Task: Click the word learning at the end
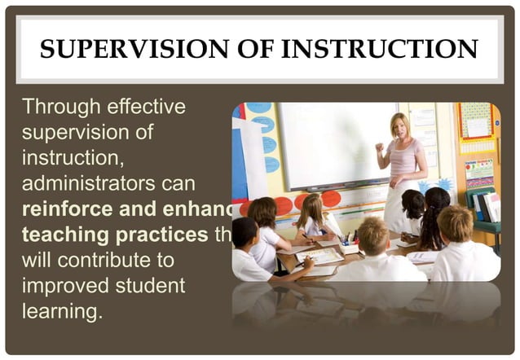pos(59,312)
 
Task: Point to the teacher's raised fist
pos(379,147)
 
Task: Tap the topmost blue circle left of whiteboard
pos(259,108)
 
